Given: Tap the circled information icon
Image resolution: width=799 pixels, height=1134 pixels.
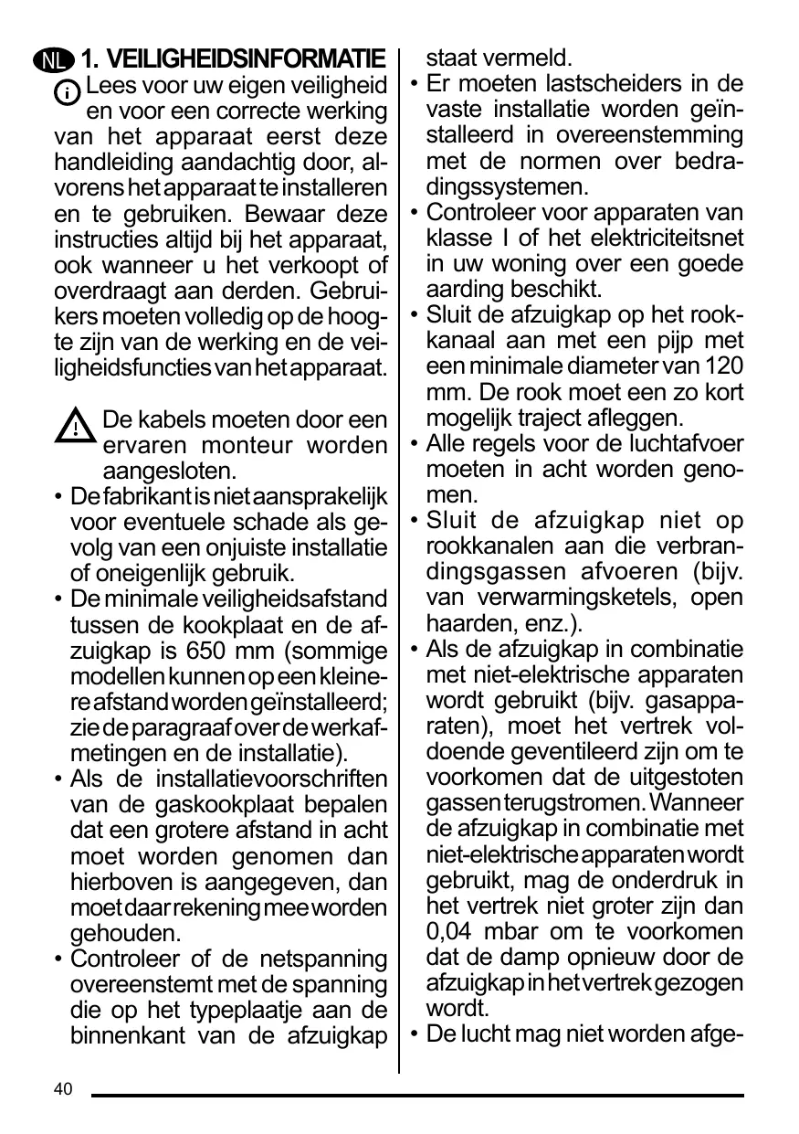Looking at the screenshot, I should pyautogui.click(x=68, y=93).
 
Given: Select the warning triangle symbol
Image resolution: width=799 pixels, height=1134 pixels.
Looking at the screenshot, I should pyautogui.click(x=76, y=427).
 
